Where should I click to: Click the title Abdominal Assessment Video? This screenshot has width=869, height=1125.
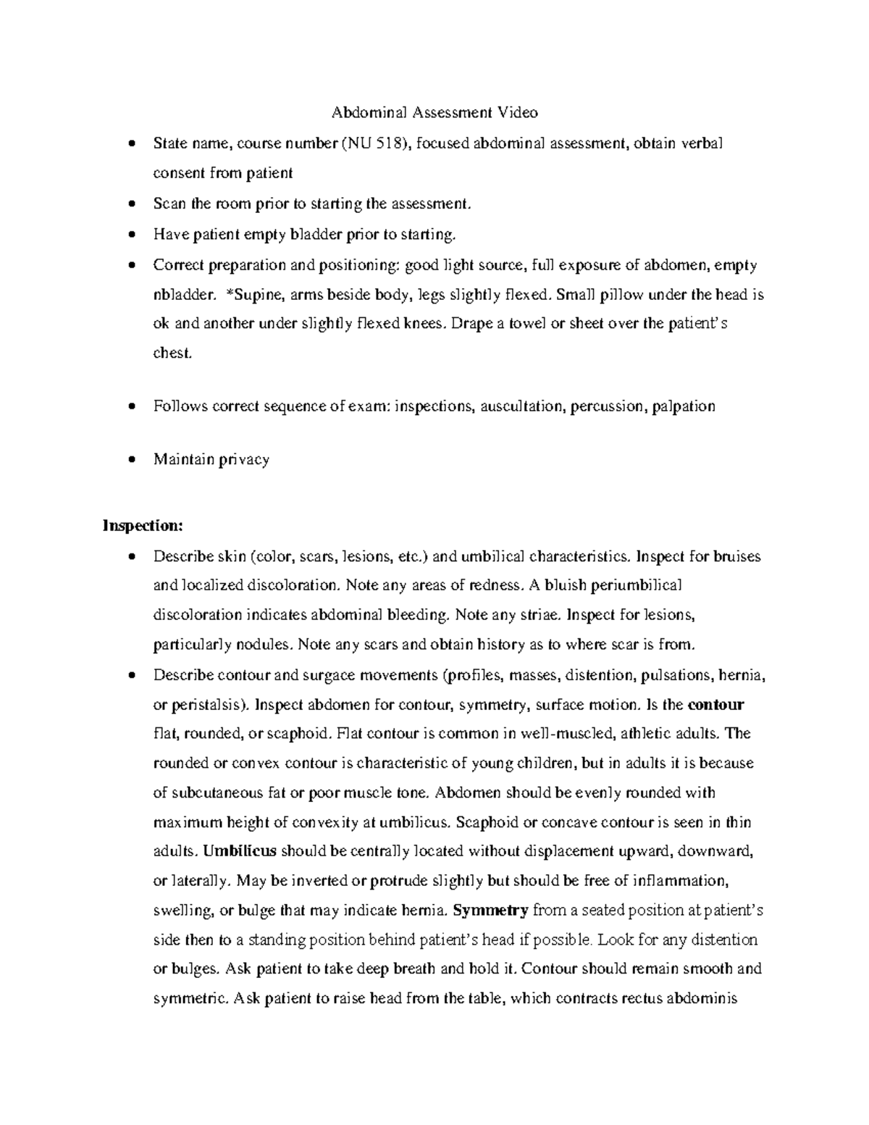coord(434,112)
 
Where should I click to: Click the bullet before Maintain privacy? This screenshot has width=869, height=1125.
coord(130,459)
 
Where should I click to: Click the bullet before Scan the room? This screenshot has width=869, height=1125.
coord(130,204)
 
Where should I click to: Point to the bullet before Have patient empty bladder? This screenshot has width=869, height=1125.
coord(130,234)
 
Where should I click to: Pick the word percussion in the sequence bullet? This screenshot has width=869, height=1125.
coord(606,406)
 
